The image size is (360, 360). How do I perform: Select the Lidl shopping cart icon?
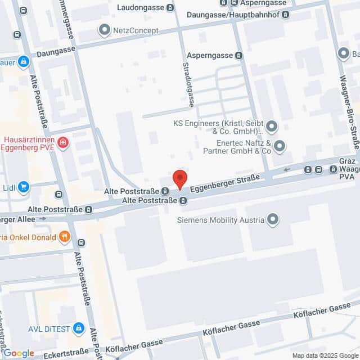[24, 187]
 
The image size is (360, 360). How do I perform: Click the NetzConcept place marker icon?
[104, 30]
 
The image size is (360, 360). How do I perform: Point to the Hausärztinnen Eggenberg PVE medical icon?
[63, 143]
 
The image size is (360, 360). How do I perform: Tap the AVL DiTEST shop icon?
[79, 327]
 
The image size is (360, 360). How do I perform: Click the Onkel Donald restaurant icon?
[65, 237]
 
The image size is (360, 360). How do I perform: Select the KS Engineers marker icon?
[272, 126]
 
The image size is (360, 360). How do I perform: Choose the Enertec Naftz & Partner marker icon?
[280, 147]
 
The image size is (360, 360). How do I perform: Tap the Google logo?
[19, 353]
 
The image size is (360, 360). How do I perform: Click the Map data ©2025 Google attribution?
[325, 355]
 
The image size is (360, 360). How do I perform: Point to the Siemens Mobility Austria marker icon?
[273, 219]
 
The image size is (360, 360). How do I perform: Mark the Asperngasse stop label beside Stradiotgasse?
[210, 56]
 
